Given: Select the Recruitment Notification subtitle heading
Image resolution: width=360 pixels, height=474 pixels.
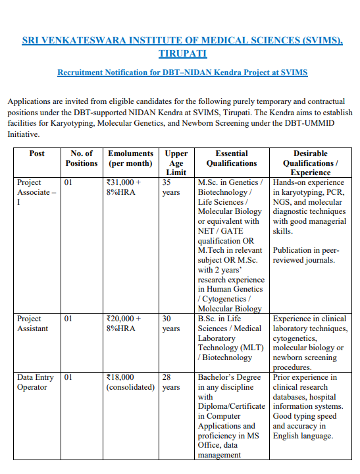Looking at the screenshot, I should point(183,72).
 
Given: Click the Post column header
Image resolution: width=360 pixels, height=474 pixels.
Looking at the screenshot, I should point(38,153).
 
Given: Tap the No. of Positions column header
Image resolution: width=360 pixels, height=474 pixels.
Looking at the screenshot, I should point(82,158).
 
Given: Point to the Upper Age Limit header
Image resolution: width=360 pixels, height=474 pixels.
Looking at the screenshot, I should point(176,163).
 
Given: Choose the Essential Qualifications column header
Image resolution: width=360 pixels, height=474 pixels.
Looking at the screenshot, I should point(232,158).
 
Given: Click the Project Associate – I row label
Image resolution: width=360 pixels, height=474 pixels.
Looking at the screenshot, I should point(36,192).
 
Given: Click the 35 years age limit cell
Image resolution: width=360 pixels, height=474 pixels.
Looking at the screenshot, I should point(170,188).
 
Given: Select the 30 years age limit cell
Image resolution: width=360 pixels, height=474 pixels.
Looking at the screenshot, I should point(170,323).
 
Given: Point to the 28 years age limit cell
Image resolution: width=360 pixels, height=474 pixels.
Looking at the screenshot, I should point(170,382).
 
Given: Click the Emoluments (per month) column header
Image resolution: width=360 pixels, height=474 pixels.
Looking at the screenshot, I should point(130,158).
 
